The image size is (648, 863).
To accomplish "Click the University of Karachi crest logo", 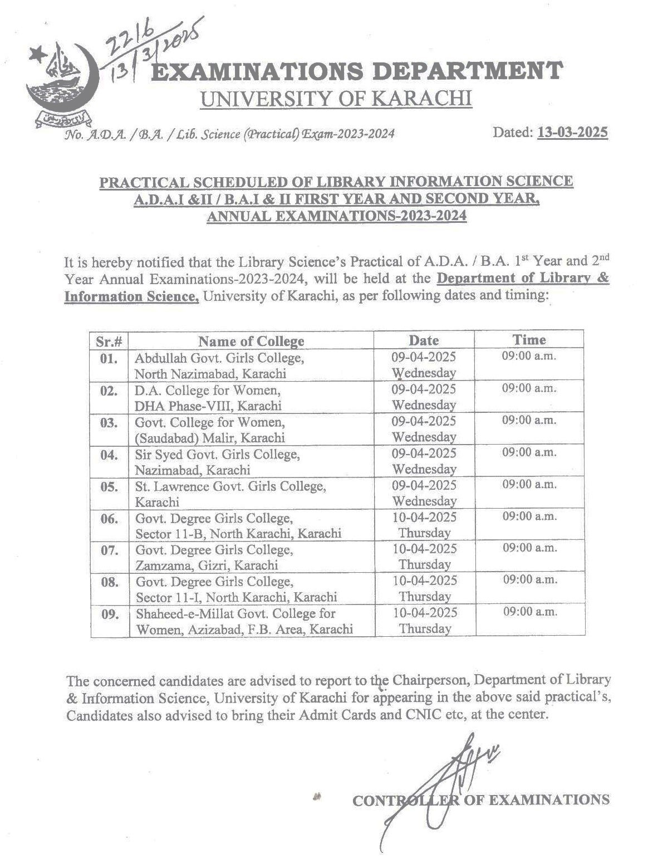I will tap(62, 84).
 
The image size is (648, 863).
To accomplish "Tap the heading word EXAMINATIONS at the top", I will tap(257, 72).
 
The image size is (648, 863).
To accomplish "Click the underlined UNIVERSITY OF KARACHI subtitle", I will tap(336, 99).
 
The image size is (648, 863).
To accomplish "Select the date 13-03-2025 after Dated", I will tap(572, 133).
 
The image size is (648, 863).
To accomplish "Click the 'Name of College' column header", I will tap(251, 341).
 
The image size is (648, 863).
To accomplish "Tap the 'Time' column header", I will tap(529, 340).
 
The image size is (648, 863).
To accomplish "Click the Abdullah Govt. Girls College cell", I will tap(219, 365).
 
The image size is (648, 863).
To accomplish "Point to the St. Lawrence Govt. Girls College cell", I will tap(230, 493).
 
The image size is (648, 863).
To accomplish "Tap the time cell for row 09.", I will tap(529, 612).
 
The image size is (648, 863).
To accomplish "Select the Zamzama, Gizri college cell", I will tap(214, 557).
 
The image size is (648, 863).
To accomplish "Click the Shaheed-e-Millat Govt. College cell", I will tap(244, 621).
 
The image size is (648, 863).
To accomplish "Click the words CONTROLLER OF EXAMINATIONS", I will tap(480, 801).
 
